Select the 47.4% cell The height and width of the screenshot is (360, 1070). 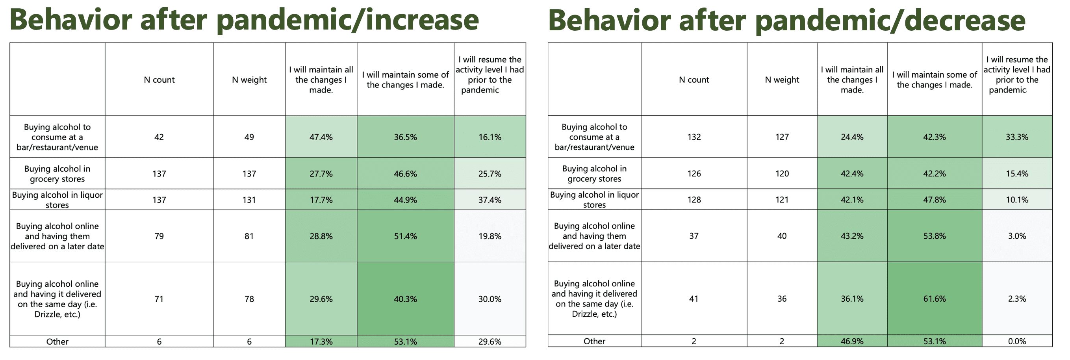[321, 137]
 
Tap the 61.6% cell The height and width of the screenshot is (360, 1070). [935, 299]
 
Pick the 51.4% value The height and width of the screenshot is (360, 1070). [405, 236]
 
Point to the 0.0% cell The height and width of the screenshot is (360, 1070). [1017, 341]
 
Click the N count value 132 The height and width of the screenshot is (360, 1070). [694, 137]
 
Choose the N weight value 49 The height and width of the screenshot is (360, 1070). [249, 137]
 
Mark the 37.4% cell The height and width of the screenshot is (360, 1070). [490, 200]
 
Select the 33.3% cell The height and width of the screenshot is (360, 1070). [1017, 137]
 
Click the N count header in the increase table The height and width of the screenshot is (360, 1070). [159, 80]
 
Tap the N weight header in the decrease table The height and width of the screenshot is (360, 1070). [782, 80]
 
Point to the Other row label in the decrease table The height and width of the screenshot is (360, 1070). [594, 341]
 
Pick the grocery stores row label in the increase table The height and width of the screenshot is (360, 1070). [57, 174]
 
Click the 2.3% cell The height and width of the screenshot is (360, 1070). [1017, 299]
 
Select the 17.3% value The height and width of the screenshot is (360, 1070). [321, 342]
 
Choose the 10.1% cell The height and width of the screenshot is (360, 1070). [1017, 200]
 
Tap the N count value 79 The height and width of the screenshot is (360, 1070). [159, 236]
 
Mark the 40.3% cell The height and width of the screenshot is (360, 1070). [405, 299]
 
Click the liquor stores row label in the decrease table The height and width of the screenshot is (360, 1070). [594, 200]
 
